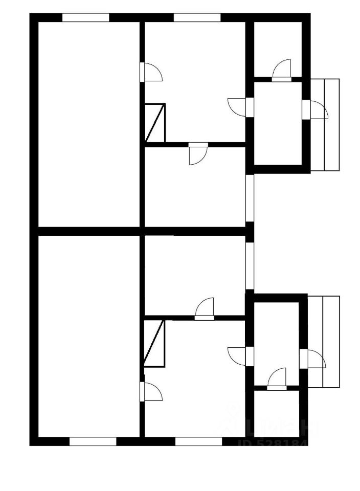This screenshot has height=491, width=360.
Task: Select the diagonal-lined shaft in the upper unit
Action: (x=154, y=123)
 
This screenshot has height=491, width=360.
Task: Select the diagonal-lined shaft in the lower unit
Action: (x=154, y=343)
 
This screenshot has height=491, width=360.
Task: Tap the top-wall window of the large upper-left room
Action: (x=86, y=17)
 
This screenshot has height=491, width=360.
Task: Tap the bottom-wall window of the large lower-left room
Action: (x=93, y=441)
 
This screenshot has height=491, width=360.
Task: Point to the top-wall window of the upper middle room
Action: (x=197, y=17)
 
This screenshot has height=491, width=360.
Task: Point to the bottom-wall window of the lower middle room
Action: (x=198, y=441)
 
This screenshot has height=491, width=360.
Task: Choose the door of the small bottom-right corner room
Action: (x=278, y=380)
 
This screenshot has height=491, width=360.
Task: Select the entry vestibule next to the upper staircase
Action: (x=278, y=123)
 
